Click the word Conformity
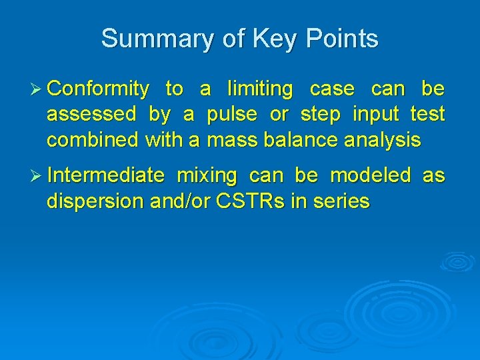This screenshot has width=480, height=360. click(x=99, y=89)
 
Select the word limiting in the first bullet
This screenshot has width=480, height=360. click(x=259, y=89)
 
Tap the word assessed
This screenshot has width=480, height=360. click(x=91, y=115)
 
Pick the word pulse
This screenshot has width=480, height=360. click(x=231, y=115)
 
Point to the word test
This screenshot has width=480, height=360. click(x=427, y=115)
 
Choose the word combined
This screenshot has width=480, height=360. click(x=91, y=140)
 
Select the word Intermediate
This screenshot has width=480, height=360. click(x=106, y=175)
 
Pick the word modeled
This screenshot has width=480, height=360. click(x=371, y=175)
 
